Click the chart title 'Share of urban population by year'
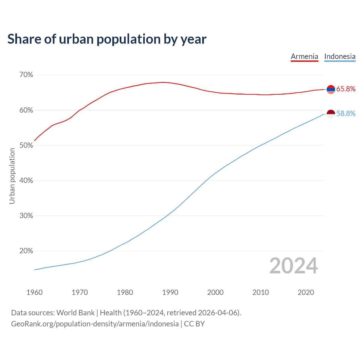[x=107, y=39]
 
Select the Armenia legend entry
[x=304, y=56]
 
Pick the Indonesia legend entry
[x=339, y=56]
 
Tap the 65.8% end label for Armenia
[x=346, y=89]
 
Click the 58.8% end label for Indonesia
[x=346, y=113]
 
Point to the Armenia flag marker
[x=331, y=89]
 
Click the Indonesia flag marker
[x=331, y=114]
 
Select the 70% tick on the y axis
[x=26, y=75]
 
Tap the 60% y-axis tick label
[x=26, y=110]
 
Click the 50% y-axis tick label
[x=26, y=145]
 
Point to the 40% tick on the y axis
[x=26, y=180]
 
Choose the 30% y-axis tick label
[x=26, y=216]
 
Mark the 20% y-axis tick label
[x=26, y=251]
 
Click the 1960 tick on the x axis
[x=34, y=292]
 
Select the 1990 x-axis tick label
[x=170, y=292]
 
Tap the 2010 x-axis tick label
[x=261, y=292]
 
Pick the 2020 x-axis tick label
[x=306, y=292]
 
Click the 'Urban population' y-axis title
[x=12, y=176]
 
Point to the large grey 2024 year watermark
[x=294, y=266]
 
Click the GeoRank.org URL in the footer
[x=95, y=324]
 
